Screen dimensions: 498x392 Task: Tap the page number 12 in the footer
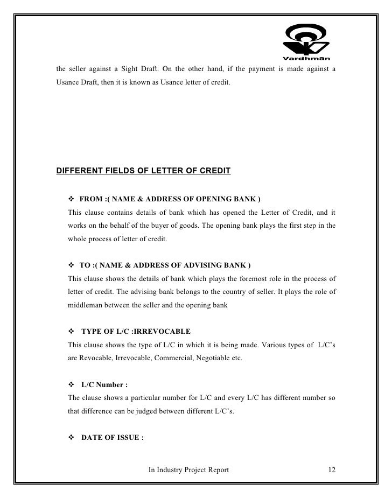point(332,470)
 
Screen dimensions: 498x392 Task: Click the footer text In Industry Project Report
point(188,470)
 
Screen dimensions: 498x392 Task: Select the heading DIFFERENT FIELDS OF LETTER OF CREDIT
point(144,172)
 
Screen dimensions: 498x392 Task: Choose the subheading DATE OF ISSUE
point(112,438)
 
